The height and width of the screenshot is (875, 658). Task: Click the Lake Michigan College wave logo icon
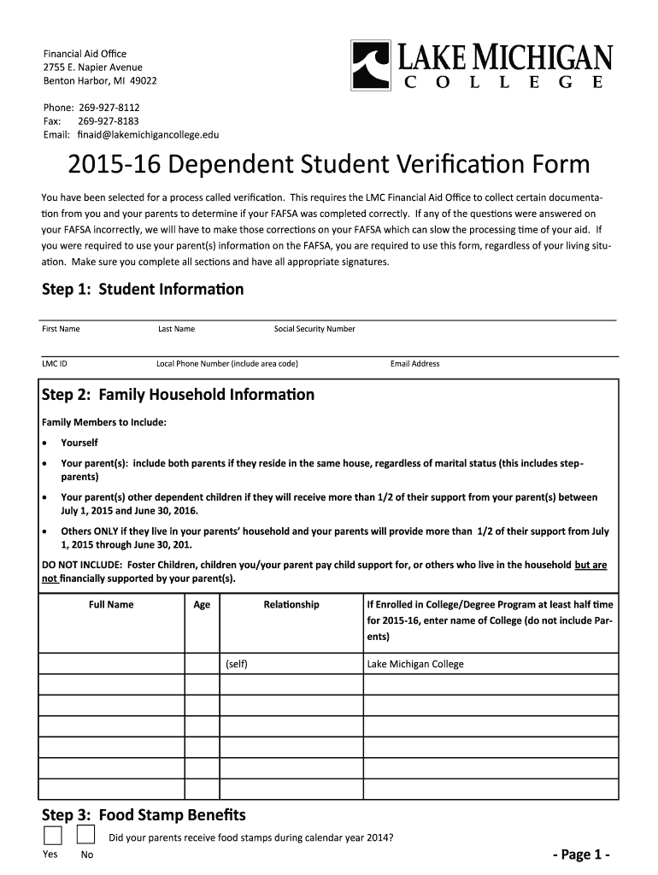(370, 65)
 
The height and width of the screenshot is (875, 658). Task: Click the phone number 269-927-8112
(109, 108)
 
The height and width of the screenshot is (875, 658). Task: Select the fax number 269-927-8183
(109, 121)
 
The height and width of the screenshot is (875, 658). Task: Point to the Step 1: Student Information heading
(143, 290)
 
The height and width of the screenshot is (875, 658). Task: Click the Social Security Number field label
(314, 329)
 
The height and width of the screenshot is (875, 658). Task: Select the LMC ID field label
(55, 364)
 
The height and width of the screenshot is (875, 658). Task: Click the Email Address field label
(414, 364)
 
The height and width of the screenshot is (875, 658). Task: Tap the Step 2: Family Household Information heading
(178, 395)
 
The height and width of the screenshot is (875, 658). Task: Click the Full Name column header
(111, 605)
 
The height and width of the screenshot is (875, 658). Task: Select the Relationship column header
(291, 605)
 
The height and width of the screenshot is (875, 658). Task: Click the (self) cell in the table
(237, 664)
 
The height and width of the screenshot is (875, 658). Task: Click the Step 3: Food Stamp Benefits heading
(144, 814)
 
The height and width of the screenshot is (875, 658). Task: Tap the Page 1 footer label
(580, 854)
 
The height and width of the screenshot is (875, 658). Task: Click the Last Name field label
(176, 329)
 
